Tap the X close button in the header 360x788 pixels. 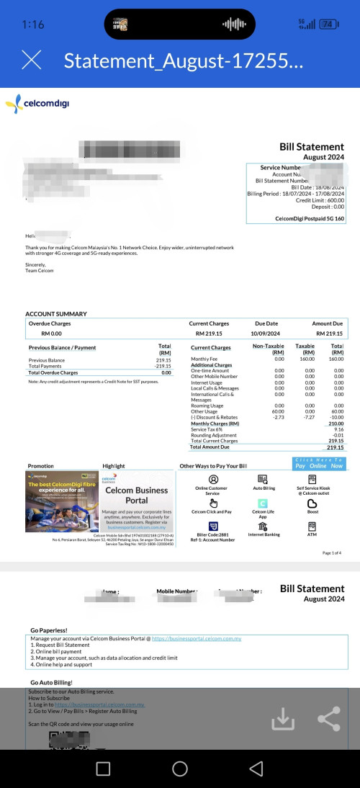32,60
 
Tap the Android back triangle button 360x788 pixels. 256,769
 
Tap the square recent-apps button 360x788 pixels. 103,769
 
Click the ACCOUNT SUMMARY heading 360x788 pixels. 56,314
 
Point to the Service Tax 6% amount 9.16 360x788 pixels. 338,429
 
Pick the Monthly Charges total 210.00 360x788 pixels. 336,424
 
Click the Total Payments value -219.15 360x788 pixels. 162,366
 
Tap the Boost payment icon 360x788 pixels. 312,504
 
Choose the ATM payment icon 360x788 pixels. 312,527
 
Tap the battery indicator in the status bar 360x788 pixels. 328,24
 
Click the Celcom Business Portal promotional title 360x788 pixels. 137,495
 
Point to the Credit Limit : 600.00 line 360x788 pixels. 316,200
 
